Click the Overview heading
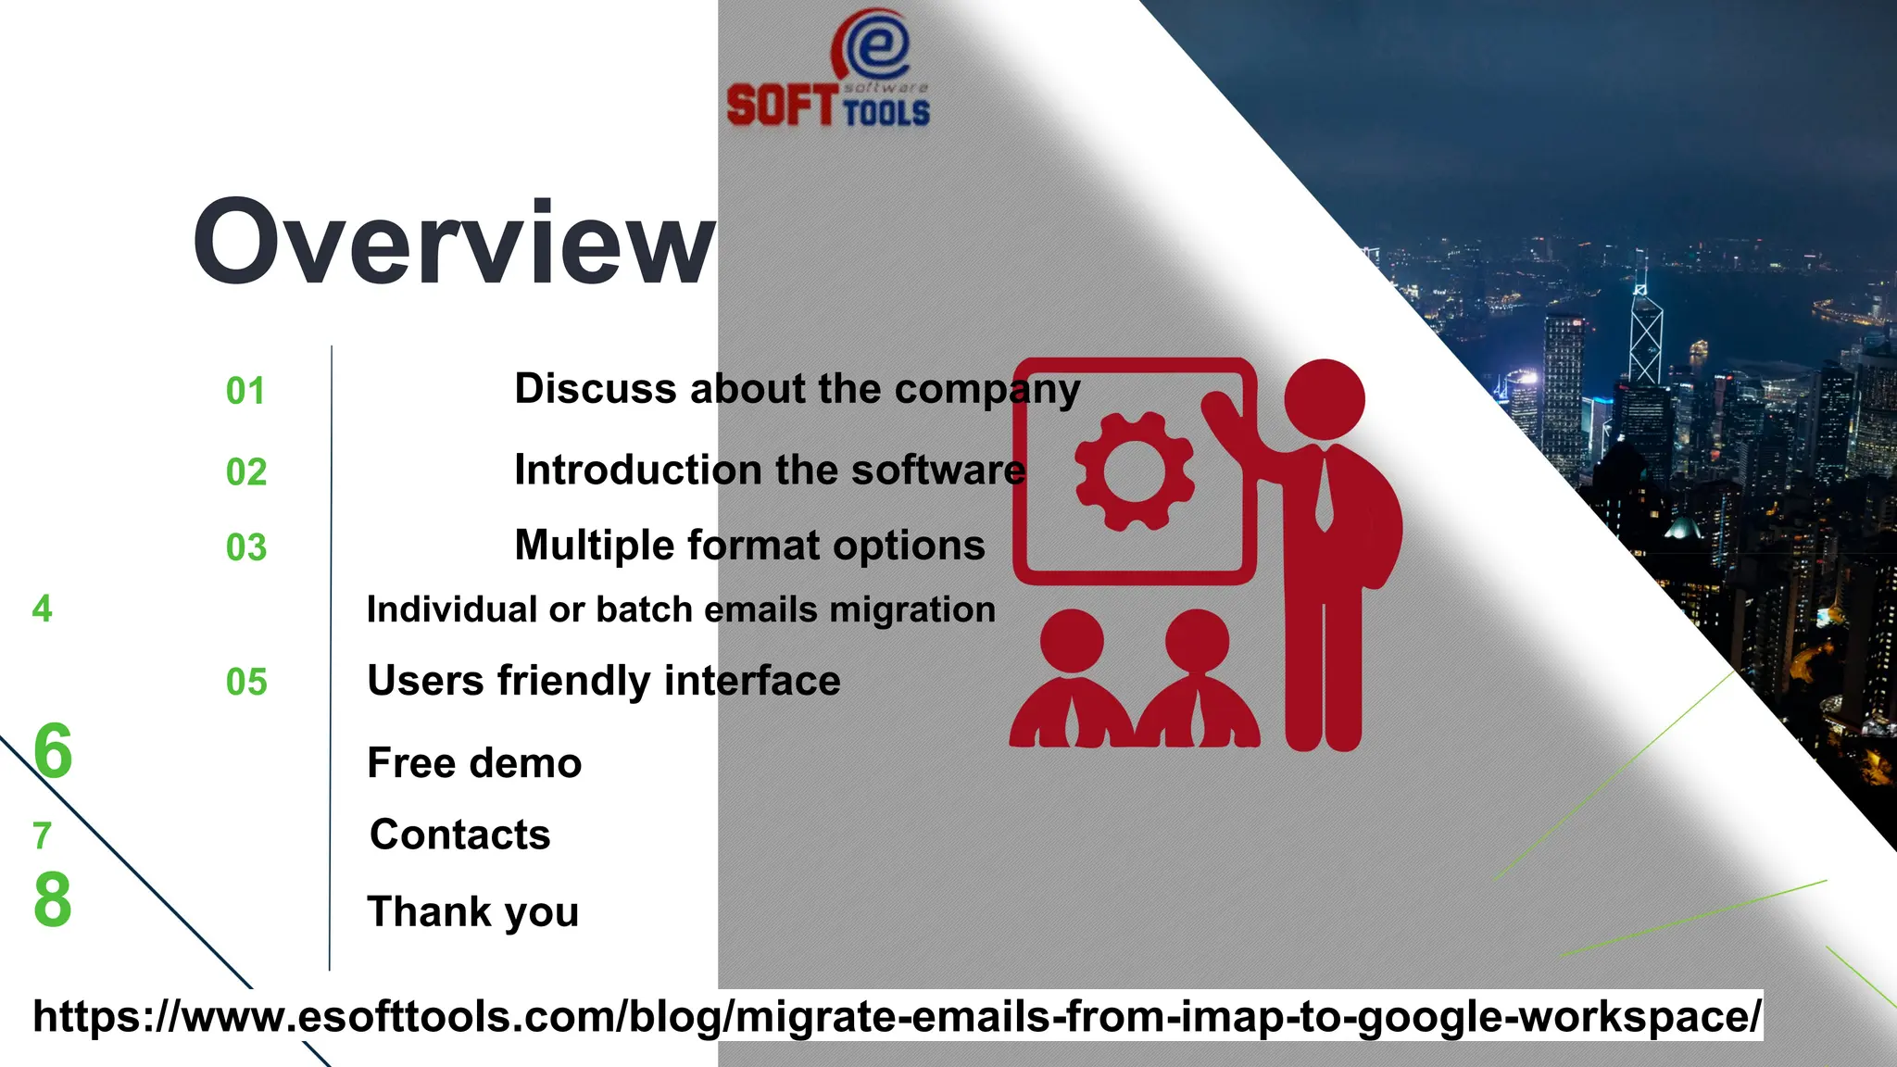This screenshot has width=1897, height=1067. pyautogui.click(x=454, y=243)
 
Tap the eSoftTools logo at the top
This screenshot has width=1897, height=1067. pyautogui.click(x=829, y=69)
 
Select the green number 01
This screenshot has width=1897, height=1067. pyautogui.click(x=245, y=391)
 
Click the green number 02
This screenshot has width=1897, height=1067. pyautogui.click(x=246, y=472)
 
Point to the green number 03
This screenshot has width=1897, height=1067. pyautogui.click(x=246, y=547)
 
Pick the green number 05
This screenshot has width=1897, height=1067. pyautogui.click(x=246, y=683)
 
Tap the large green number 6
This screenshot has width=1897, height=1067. pyautogui.click(x=53, y=750)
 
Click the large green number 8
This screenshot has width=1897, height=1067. pyautogui.click(x=53, y=899)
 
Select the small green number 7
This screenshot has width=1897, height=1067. pyautogui.click(x=42, y=835)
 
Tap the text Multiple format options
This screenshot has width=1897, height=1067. pyautogui.click(x=749, y=545)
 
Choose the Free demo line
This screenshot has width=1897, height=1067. pyautogui.click(x=474, y=763)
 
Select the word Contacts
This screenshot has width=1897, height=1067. pyautogui.click(x=460, y=835)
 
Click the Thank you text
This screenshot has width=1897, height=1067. pyautogui.click(x=473, y=911)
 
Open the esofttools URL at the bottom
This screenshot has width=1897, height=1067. pyautogui.click(x=897, y=1016)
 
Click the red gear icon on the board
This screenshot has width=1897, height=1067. pyautogui.click(x=1134, y=471)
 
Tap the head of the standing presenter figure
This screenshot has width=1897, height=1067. pyautogui.click(x=1325, y=400)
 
